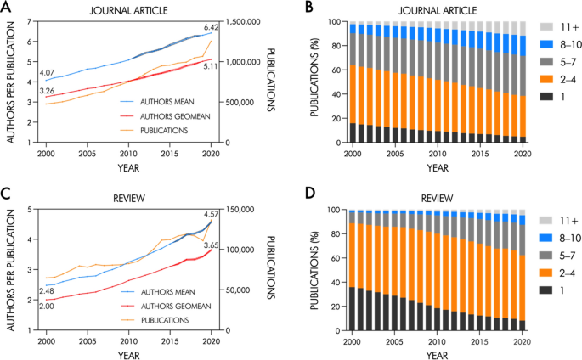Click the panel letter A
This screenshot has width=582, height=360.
coord(7,7)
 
